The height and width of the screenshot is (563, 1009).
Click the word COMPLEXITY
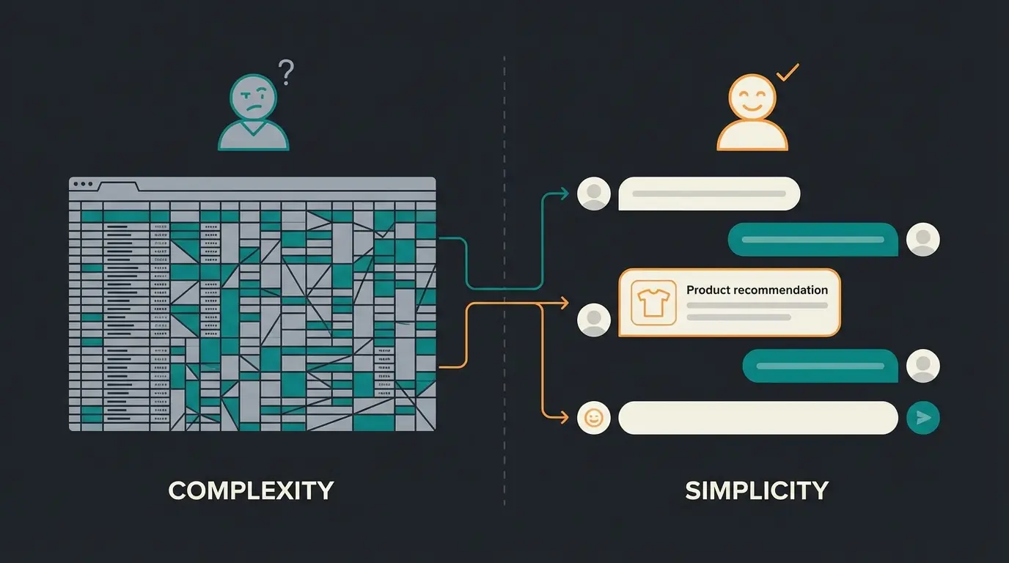point(251,490)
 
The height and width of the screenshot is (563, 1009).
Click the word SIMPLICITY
point(757,490)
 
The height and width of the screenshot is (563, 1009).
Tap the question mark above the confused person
point(286,73)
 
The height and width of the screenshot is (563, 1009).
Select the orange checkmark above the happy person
point(787,73)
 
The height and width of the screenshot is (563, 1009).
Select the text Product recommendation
point(757,290)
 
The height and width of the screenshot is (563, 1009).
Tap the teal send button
point(922,418)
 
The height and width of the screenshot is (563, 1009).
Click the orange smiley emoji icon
point(593,418)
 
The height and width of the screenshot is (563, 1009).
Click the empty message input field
point(758,418)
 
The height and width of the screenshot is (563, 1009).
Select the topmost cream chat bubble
point(709,194)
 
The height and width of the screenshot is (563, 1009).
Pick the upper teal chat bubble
point(812,240)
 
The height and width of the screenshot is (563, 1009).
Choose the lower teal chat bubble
point(820,366)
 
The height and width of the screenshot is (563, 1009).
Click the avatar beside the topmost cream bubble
point(593,194)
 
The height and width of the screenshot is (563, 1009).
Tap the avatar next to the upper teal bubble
point(922,240)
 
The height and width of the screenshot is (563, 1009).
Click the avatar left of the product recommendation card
point(593,320)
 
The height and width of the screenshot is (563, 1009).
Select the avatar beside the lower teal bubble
point(922,366)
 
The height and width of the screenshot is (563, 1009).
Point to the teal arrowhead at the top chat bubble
point(564,194)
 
